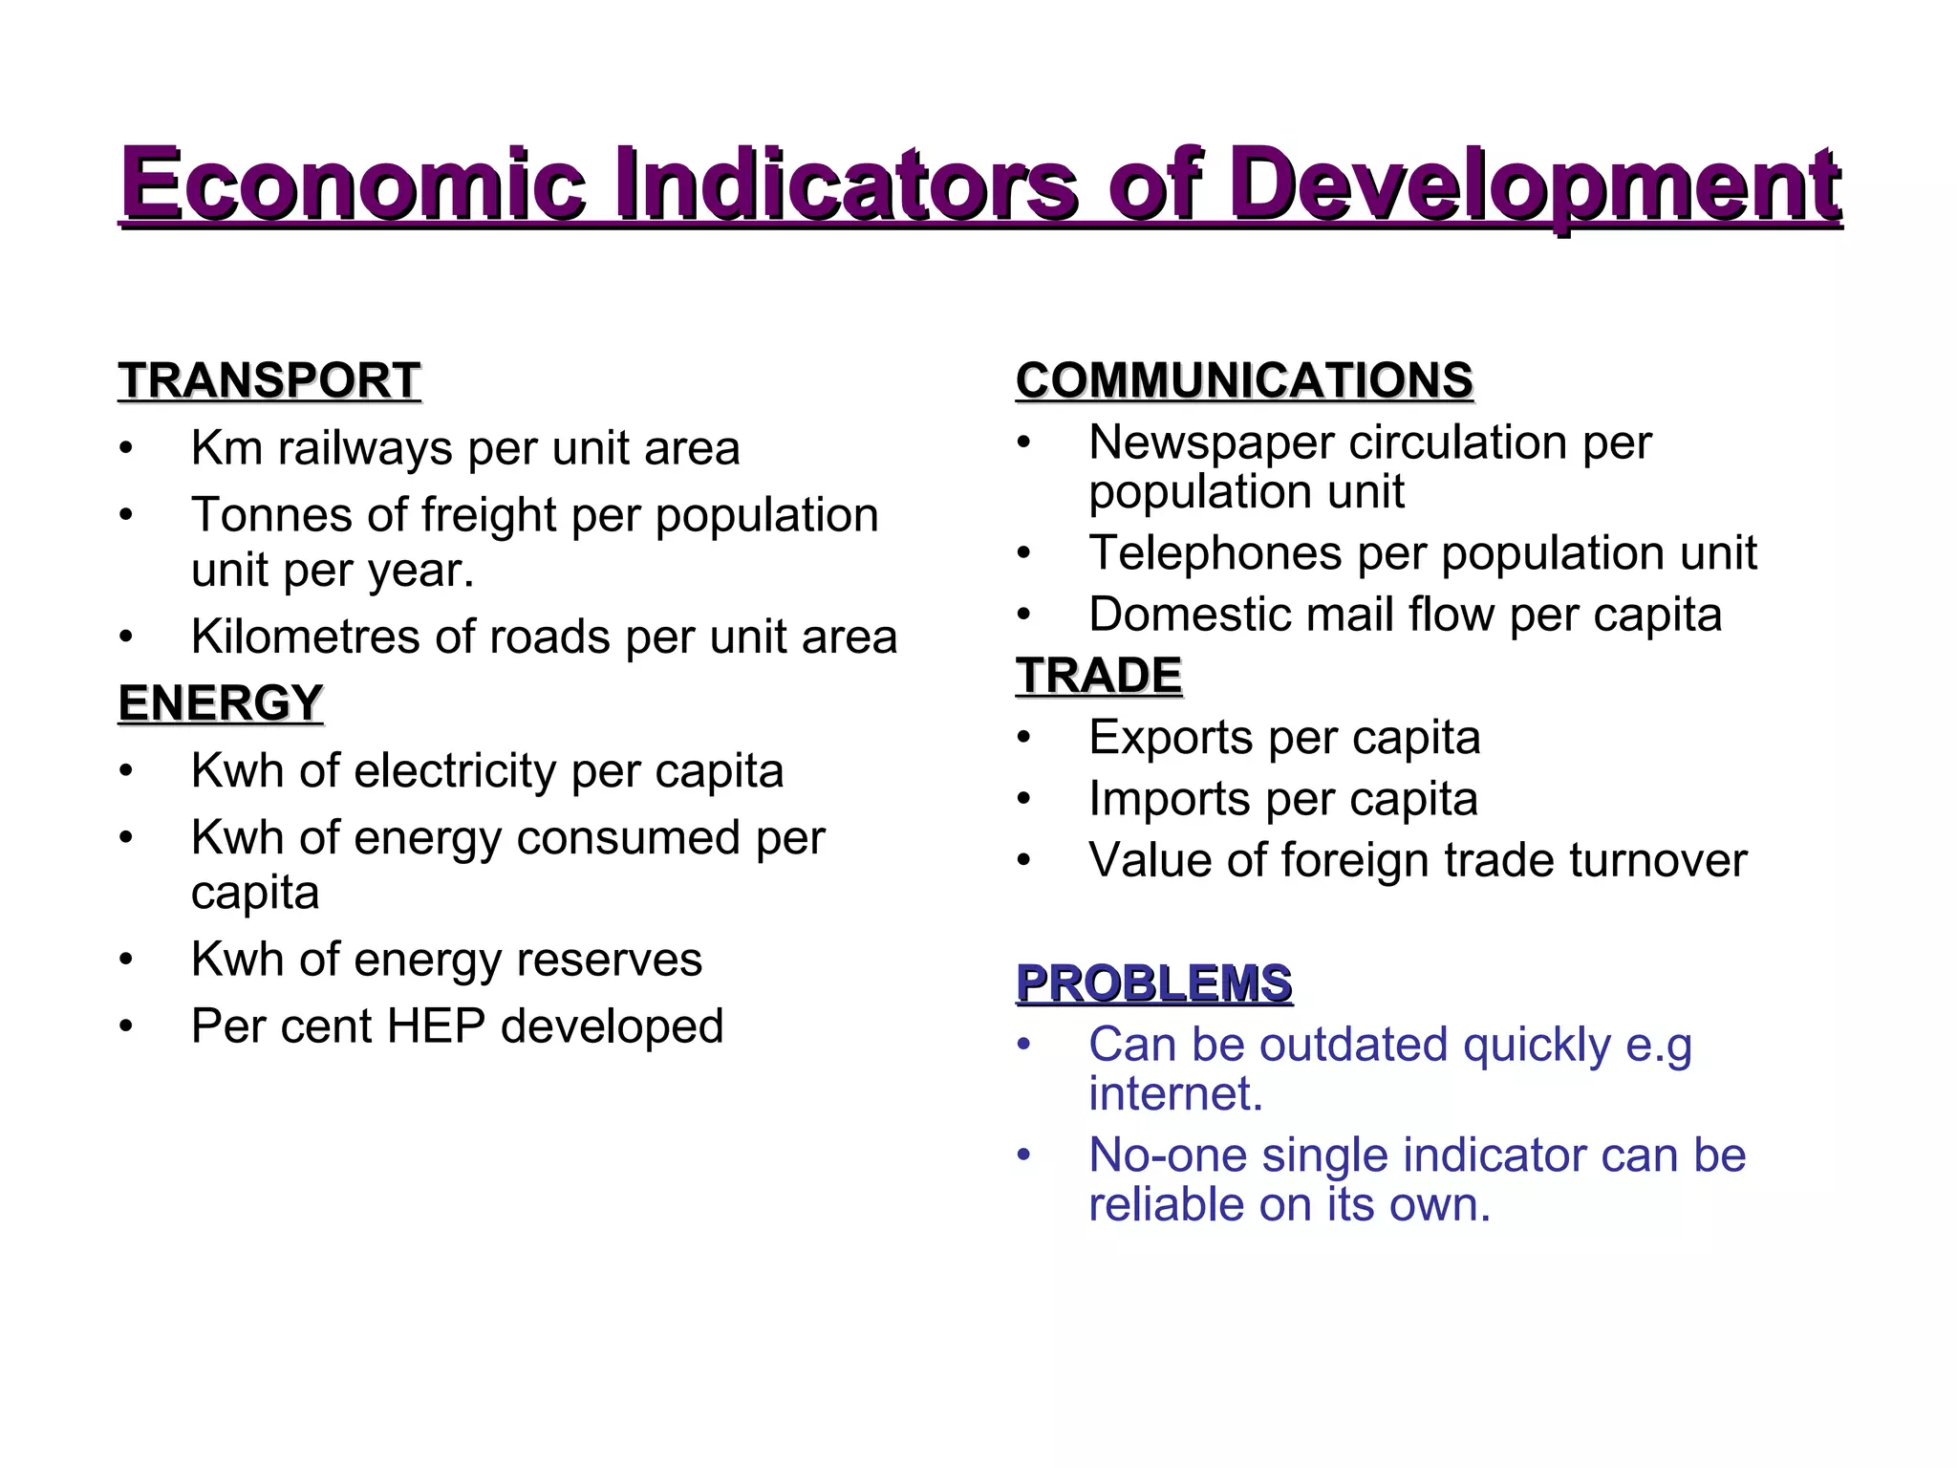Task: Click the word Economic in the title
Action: [x=354, y=183]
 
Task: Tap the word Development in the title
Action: [x=1535, y=185]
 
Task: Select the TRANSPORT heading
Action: [x=269, y=380]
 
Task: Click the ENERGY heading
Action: [x=221, y=703]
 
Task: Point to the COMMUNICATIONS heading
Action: [x=1244, y=380]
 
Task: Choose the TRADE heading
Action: [x=1099, y=676]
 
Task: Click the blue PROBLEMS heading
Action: [x=1154, y=983]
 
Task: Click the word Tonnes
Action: [x=272, y=515]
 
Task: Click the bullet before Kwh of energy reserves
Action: [x=126, y=960]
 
